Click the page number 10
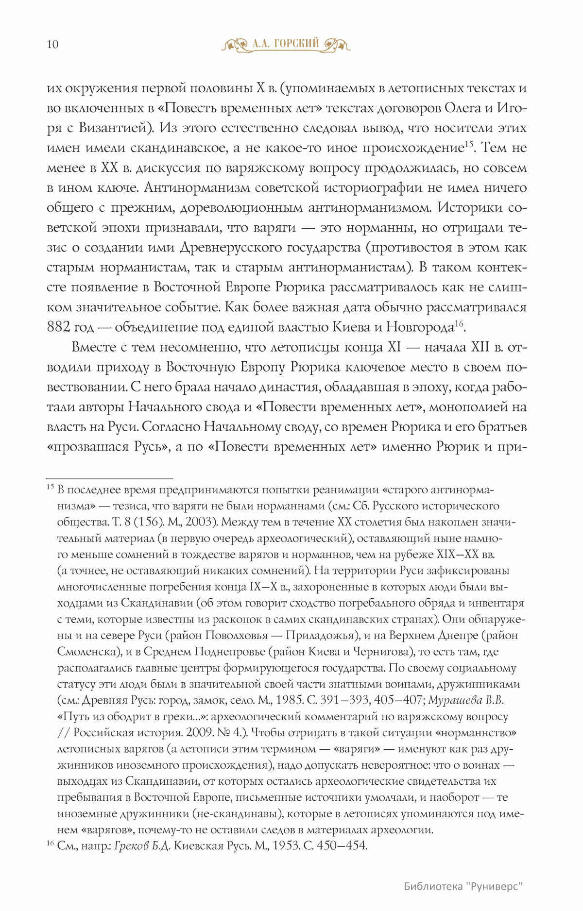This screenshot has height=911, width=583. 52,45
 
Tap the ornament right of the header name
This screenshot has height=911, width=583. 336,45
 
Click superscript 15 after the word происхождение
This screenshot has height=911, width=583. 468,144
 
